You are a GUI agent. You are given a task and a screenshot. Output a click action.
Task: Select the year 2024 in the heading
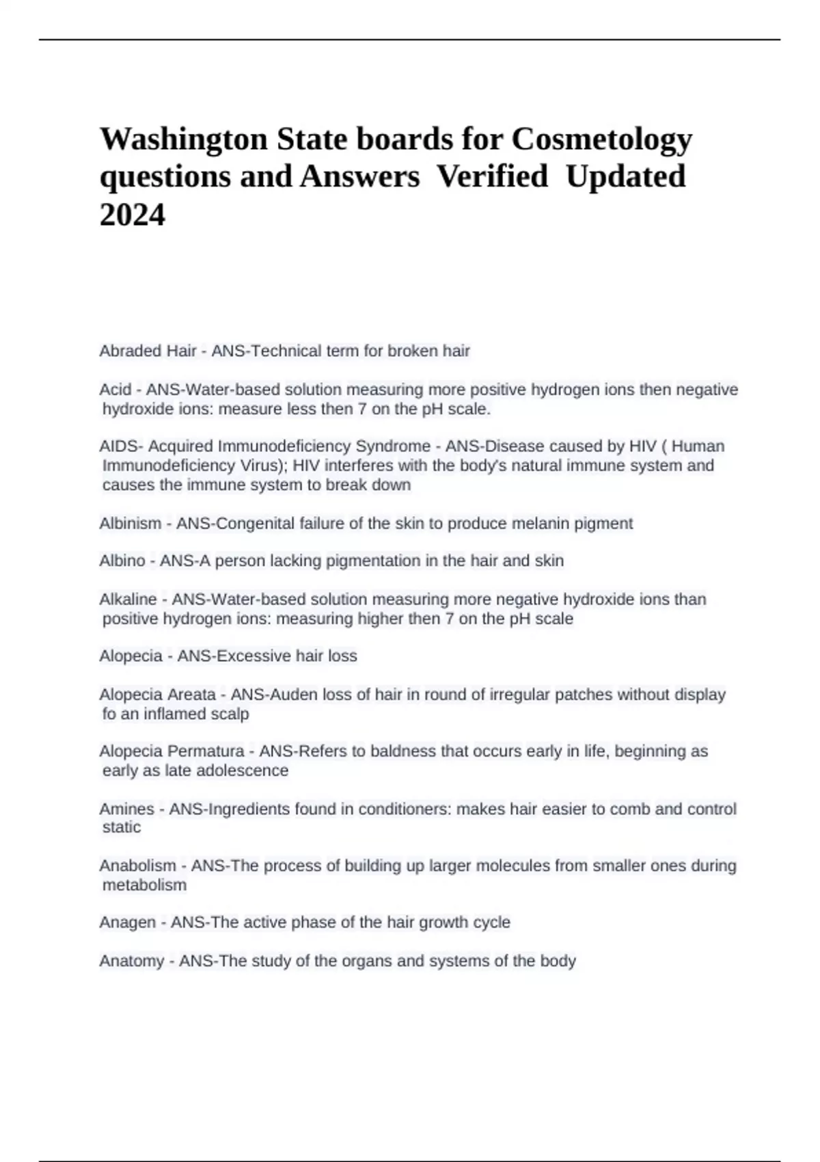133,215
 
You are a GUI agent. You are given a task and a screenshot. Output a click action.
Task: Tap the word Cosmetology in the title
602,139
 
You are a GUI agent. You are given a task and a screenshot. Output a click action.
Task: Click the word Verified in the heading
492,176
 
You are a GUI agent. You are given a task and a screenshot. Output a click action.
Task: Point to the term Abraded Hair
148,351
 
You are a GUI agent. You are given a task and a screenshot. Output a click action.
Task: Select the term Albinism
131,524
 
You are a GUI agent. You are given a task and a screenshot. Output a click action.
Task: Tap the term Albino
122,561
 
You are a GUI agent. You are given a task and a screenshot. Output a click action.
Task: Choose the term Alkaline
128,599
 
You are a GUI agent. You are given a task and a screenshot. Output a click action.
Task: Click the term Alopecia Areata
157,694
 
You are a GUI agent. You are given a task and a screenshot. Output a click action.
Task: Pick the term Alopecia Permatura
172,751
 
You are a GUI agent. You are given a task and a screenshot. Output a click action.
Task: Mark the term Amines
126,809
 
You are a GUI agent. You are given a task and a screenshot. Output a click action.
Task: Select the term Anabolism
137,866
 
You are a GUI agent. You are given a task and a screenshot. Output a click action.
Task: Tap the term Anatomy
131,961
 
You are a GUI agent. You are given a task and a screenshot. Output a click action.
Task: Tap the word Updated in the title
625,176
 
